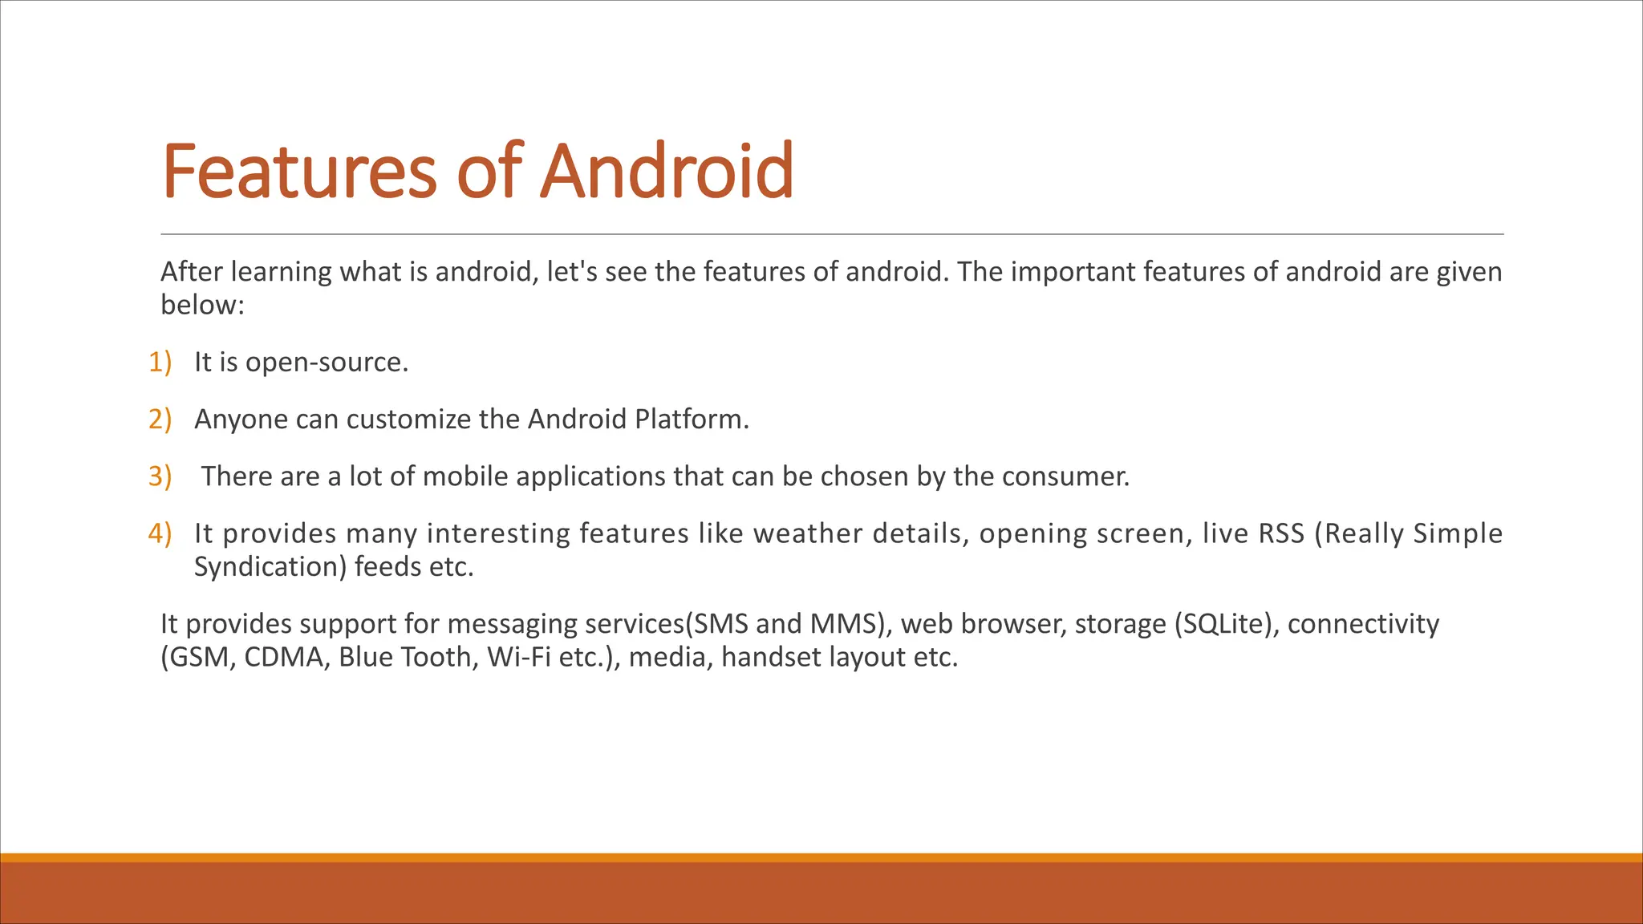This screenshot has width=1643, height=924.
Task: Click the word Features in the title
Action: pyautogui.click(x=299, y=171)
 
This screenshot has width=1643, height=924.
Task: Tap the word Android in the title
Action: pyautogui.click(x=667, y=171)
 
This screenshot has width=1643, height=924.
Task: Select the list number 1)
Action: pyautogui.click(x=160, y=363)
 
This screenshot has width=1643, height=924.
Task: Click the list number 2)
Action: pyautogui.click(x=160, y=419)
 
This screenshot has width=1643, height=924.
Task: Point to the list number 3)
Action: pyautogui.click(x=160, y=476)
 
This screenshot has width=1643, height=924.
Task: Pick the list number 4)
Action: pyautogui.click(x=160, y=533)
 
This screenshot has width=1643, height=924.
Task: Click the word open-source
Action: pyautogui.click(x=327, y=363)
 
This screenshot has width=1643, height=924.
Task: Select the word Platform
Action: pyautogui.click(x=691, y=419)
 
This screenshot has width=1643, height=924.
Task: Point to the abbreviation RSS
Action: pyautogui.click(x=1281, y=533)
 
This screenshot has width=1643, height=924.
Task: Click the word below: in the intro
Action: pyautogui.click(x=202, y=306)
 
